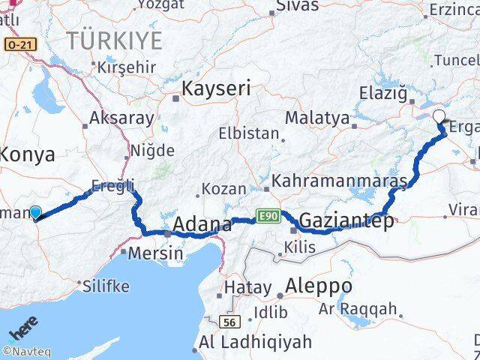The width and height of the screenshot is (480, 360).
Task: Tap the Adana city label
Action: [202, 224]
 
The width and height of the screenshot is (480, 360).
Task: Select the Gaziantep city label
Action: [346, 220]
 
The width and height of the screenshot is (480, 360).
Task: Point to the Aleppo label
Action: [319, 286]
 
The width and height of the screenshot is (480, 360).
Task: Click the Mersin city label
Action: [154, 253]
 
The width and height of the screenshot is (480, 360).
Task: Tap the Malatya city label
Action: [317, 118]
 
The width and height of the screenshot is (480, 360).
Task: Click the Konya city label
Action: [27, 155]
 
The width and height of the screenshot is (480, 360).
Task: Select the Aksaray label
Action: [121, 118]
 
